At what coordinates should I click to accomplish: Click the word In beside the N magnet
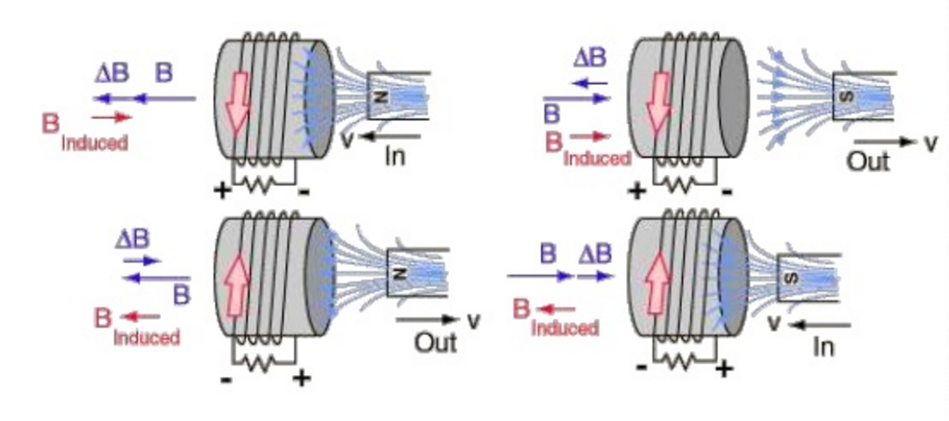[394, 156]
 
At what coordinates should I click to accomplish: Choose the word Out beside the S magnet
[867, 162]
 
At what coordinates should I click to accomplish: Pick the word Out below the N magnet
[435, 341]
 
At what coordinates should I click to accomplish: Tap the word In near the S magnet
[823, 347]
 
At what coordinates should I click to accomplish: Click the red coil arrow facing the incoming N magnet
[237, 102]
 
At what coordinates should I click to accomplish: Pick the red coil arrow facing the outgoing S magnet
[659, 102]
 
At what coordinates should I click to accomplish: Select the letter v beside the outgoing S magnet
[930, 143]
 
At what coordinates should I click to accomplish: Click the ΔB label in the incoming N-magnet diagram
[111, 73]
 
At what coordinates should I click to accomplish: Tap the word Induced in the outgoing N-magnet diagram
[146, 337]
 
